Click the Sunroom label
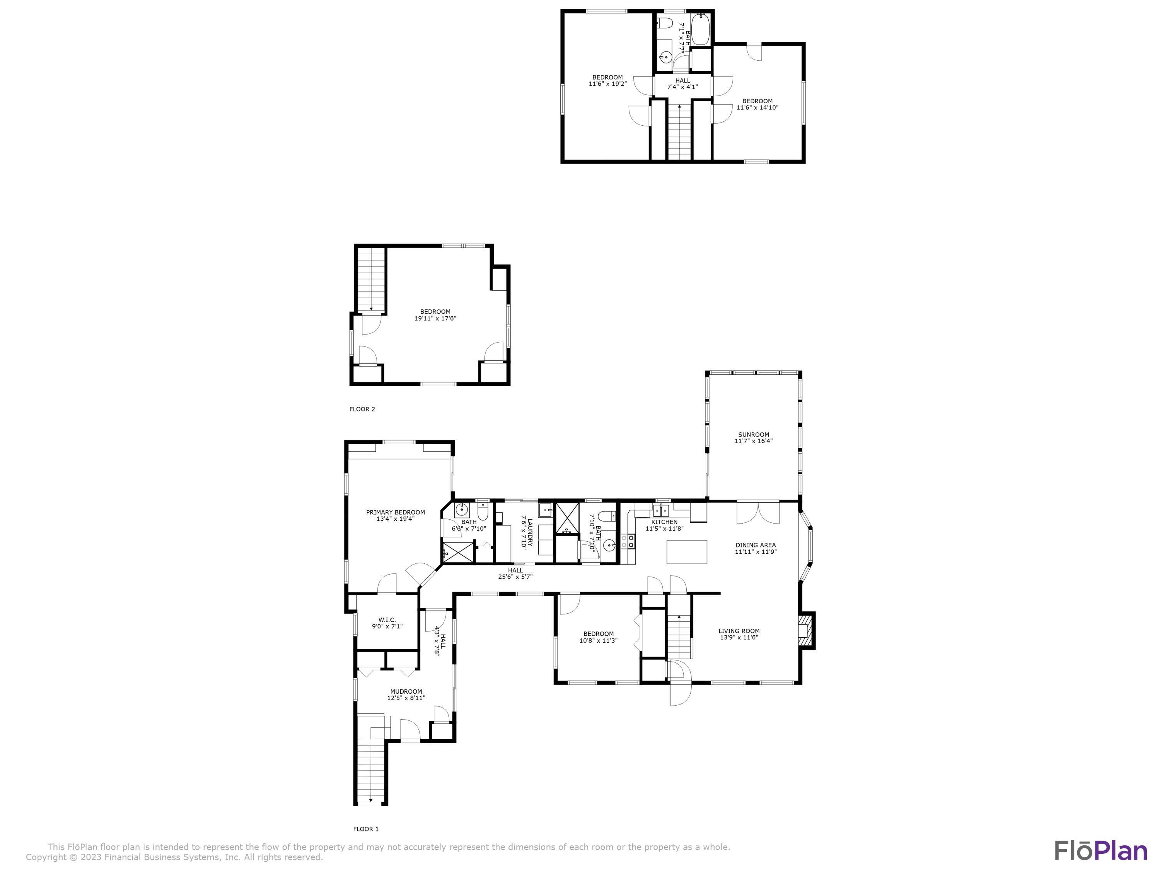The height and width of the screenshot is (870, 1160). click(x=754, y=434)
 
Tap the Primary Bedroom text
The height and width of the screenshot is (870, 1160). click(x=396, y=512)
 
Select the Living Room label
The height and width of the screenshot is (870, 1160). click(x=739, y=631)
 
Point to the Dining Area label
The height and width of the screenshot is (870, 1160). click(x=755, y=545)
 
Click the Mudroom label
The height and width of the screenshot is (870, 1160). click(x=406, y=691)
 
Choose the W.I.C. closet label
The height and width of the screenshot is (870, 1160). click(x=387, y=620)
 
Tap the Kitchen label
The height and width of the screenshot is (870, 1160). click(x=664, y=522)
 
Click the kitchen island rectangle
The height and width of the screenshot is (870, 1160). click(x=686, y=552)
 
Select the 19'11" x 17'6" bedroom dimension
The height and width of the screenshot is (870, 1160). click(x=435, y=318)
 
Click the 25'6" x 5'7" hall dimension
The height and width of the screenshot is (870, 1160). click(x=515, y=577)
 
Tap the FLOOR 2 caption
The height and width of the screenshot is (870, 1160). click(x=362, y=409)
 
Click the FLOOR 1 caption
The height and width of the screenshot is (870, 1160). click(x=365, y=829)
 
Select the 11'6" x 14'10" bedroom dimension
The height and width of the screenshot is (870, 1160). click(x=757, y=107)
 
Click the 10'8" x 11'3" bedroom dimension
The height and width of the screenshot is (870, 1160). click(x=598, y=640)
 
